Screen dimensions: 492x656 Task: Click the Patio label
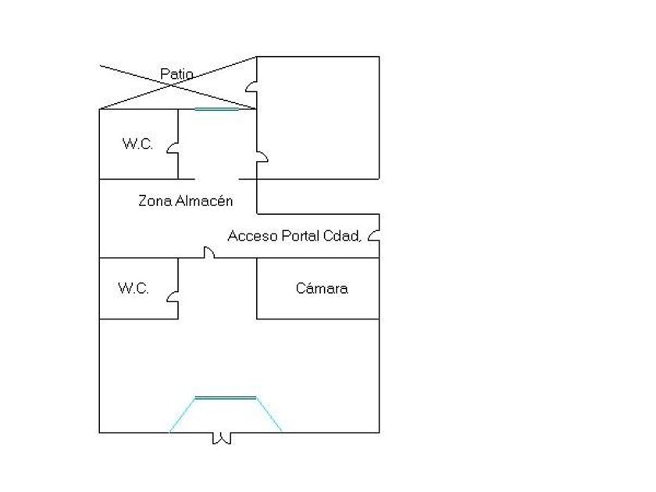[176, 74]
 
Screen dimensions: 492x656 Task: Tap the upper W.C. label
[137, 144]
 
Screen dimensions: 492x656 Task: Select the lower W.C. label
[134, 288]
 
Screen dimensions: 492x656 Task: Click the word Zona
[155, 201]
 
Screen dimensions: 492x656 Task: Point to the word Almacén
[204, 201]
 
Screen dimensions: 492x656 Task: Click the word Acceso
[252, 236]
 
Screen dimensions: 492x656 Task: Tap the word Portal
[300, 236]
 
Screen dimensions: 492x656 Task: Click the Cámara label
[322, 288]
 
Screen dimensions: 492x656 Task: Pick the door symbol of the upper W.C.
[174, 148]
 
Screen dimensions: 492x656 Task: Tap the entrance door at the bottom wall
[222, 438]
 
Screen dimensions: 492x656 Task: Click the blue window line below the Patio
[216, 109]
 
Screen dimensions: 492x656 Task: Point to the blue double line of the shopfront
[225, 398]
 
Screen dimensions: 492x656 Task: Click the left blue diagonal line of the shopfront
[183, 415]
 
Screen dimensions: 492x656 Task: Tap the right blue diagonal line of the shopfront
[269, 415]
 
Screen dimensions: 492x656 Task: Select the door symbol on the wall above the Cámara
[209, 252]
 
